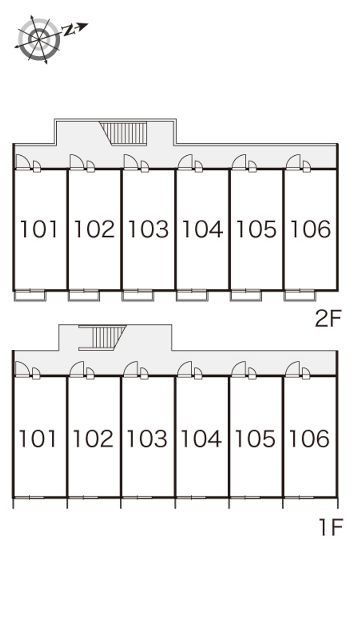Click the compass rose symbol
(39, 40)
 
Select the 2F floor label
(328, 318)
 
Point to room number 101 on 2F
(39, 229)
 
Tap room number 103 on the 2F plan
(148, 229)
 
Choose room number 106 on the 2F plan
(310, 229)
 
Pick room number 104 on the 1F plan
(201, 438)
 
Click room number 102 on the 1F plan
(93, 438)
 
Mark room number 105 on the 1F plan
(255, 438)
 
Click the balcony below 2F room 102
(84, 296)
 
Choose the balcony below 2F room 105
(246, 296)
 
